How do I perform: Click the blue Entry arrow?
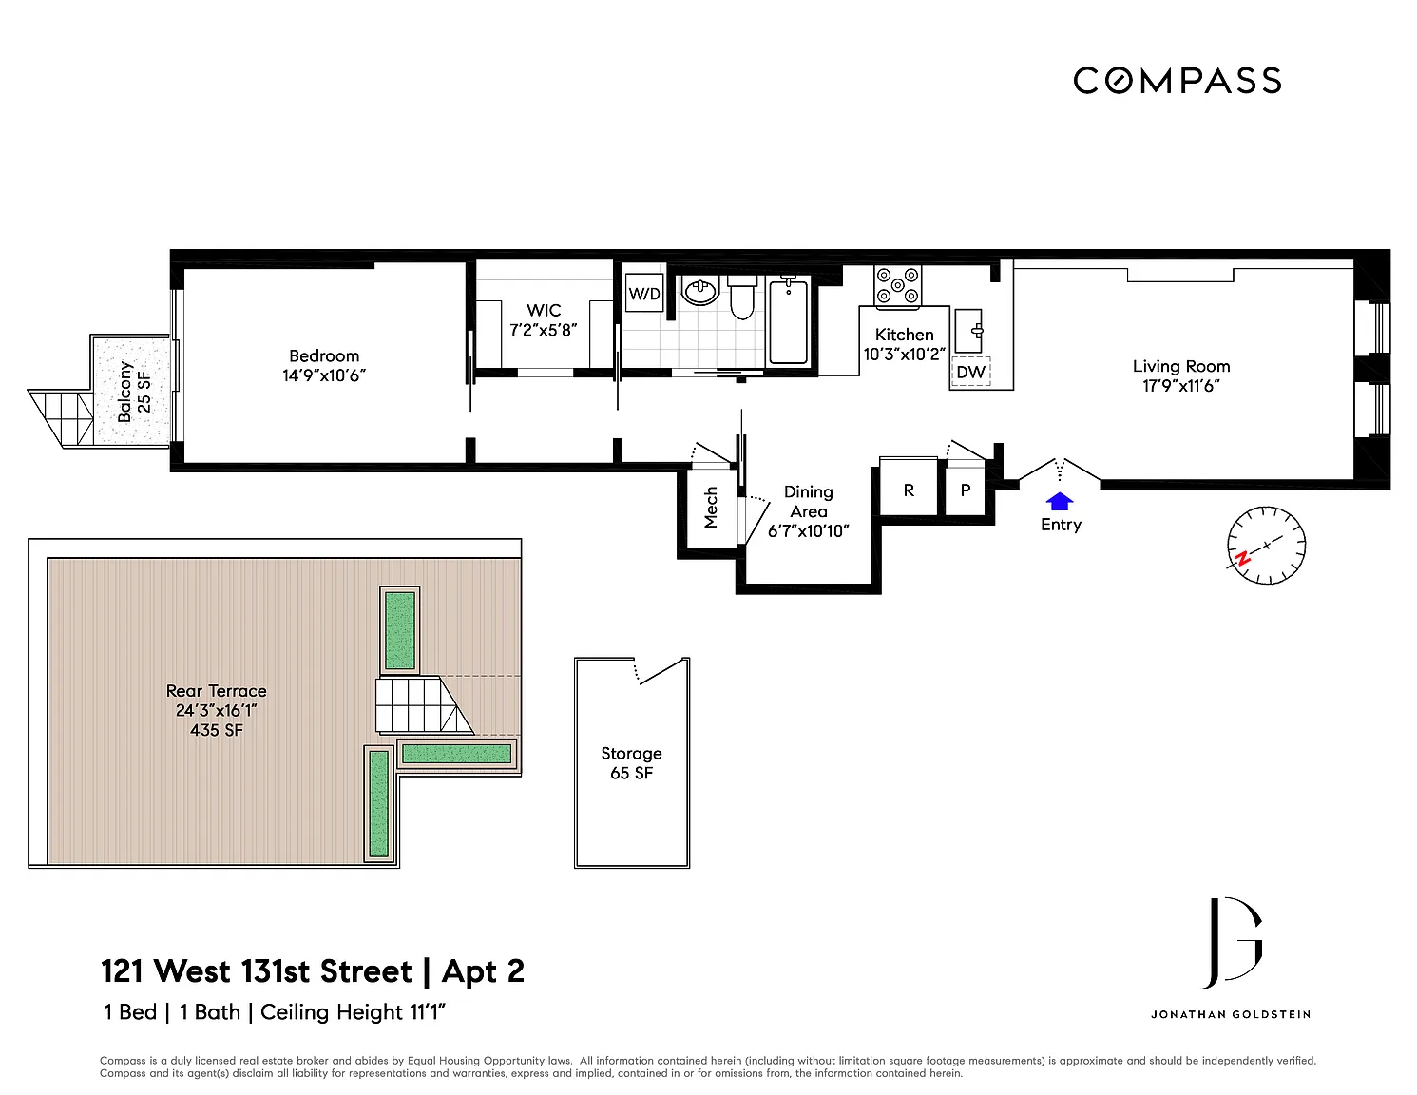point(1060,501)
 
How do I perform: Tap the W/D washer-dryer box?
point(644,293)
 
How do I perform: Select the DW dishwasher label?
point(970,373)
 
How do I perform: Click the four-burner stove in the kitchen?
point(897,286)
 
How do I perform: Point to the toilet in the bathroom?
point(742,298)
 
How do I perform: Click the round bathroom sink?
point(700,291)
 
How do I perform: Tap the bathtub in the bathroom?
point(789,321)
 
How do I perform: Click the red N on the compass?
point(1243,558)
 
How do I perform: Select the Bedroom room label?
point(324,356)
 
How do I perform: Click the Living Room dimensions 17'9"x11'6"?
point(1181,386)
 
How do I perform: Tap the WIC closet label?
point(544,311)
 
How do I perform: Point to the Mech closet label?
point(711,508)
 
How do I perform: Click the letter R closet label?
point(909,490)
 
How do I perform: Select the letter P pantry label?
point(966,490)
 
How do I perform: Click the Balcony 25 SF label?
point(134,392)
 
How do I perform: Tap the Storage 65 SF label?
point(631,763)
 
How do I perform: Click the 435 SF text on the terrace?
point(217,730)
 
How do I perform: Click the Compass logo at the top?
point(1178,81)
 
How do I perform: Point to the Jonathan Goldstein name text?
point(1231,1014)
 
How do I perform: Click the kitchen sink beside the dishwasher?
point(968,331)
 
